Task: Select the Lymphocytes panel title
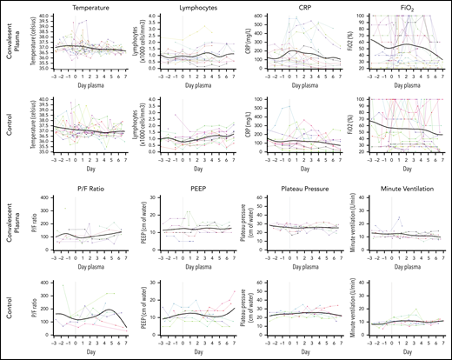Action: coord(192,6)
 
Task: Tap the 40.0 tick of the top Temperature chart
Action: coord(46,14)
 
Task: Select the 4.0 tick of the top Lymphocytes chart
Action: coord(153,14)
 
